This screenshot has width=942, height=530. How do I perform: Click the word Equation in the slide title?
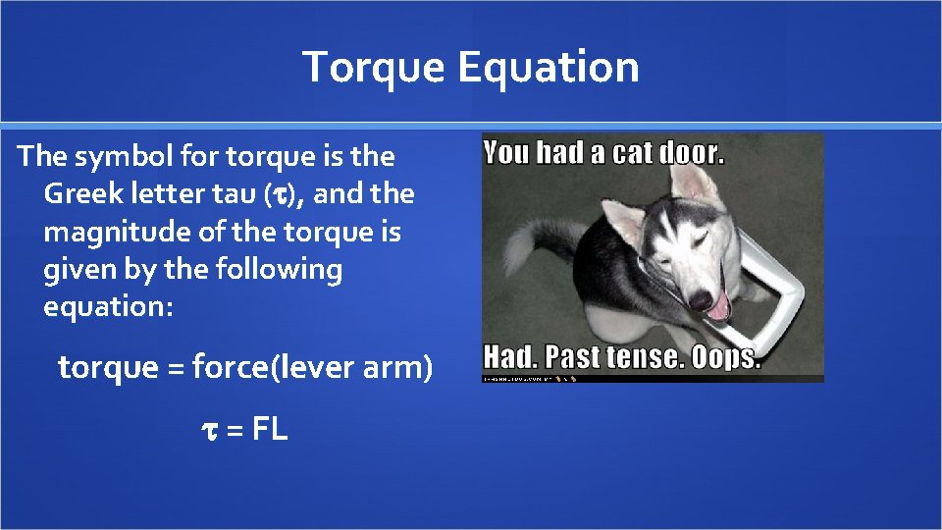click(x=549, y=68)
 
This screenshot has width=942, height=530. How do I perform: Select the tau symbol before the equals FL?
click(x=207, y=429)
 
